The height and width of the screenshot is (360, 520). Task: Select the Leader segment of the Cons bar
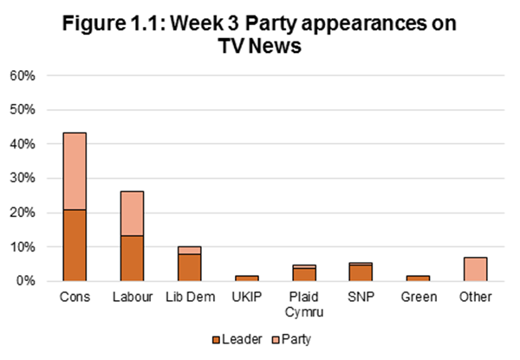tap(74, 245)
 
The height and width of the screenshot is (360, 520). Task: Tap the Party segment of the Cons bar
tap(74, 171)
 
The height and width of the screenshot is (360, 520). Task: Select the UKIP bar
tap(246, 278)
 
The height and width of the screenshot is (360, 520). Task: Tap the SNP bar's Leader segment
tap(361, 272)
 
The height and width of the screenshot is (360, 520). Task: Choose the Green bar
tap(418, 278)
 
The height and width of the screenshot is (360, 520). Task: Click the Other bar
tap(476, 269)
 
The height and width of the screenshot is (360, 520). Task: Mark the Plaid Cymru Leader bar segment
tap(303, 274)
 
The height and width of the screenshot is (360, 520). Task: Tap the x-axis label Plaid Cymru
tap(303, 303)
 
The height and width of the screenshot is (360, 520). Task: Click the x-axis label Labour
tap(131, 297)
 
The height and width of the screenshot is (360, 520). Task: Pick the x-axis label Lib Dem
tap(189, 297)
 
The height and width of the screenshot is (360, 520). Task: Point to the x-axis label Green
tap(418, 297)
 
